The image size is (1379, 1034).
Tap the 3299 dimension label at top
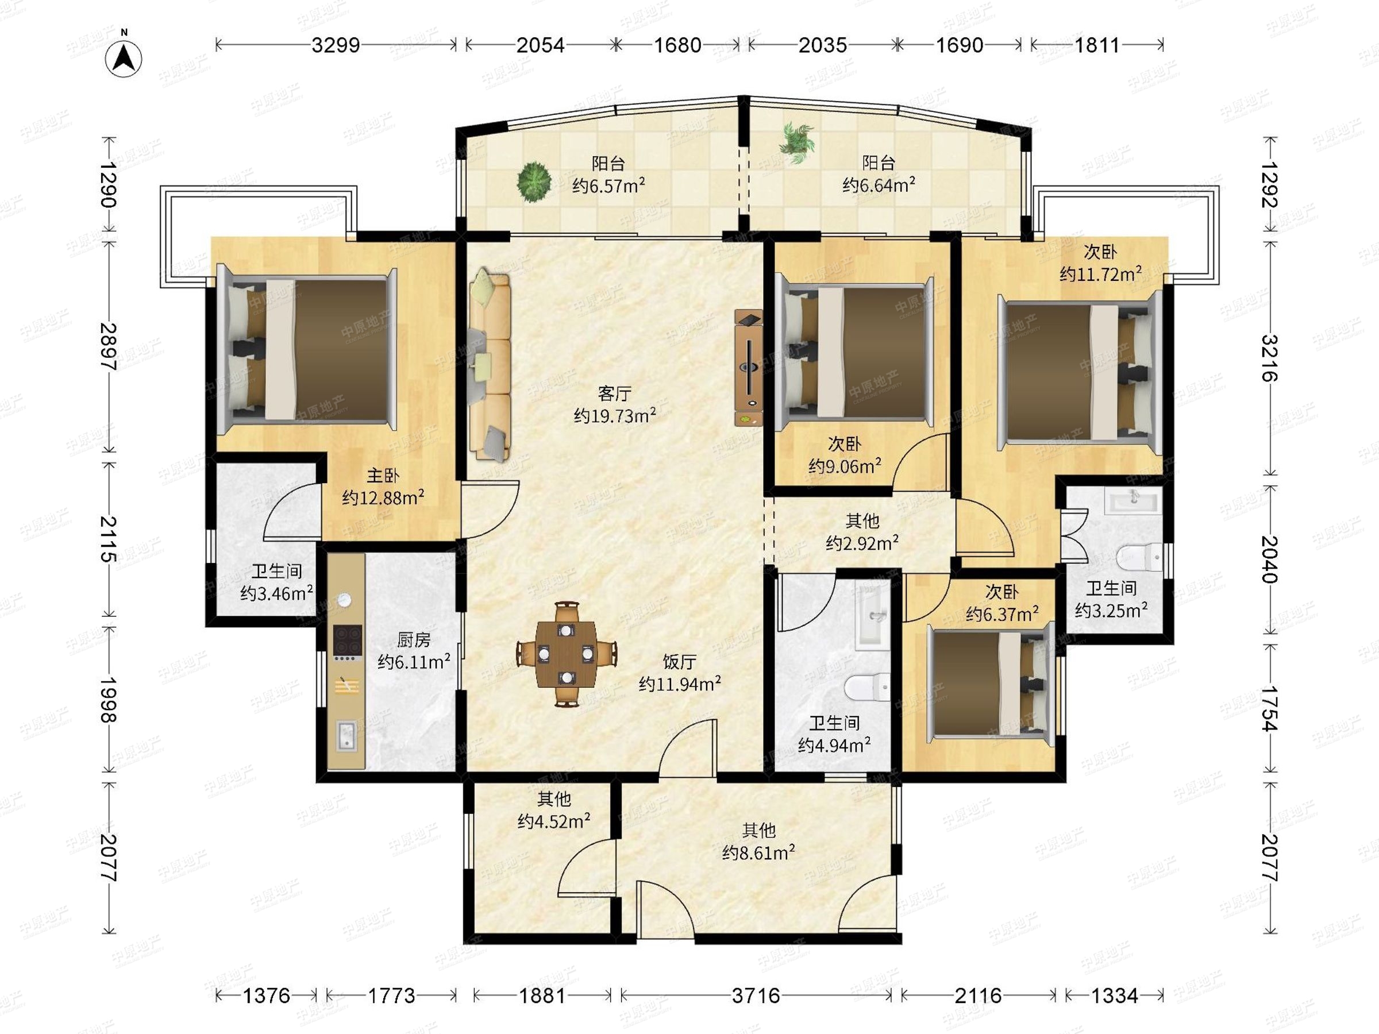pos(336,45)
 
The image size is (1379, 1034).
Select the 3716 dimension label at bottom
pos(756,996)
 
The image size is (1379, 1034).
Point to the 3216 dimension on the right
pos(1269,358)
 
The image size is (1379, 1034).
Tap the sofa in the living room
pos(490,364)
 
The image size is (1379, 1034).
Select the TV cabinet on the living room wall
pos(749,368)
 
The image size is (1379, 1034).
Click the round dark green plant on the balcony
pos(534,182)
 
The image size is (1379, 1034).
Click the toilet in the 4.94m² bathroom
pos(867,688)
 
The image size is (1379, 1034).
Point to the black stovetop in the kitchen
pos(347,641)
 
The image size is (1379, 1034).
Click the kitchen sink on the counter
pos(346,735)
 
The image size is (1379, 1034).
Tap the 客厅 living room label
pos(614,394)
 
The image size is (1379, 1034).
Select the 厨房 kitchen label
pos(413,640)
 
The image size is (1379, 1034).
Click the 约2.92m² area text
pos(862,543)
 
